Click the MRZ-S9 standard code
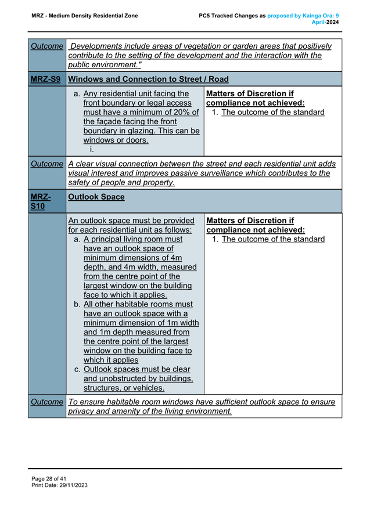pos(46,79)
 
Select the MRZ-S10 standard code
pos(43,201)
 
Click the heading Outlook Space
pos(96,197)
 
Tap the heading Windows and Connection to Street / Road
pos(148,79)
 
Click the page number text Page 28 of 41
pos(49,478)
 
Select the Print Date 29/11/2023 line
pos(59,485)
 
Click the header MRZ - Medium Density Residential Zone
pos(85,16)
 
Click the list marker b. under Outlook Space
pos(77,304)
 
